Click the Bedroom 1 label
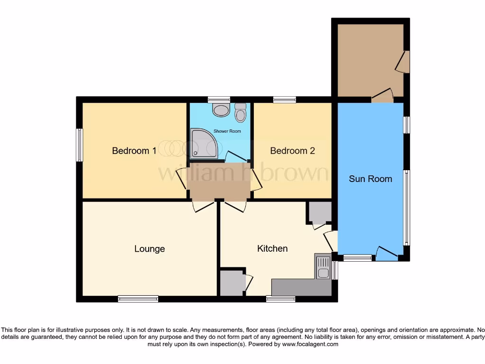(134, 151)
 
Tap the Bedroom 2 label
(292, 151)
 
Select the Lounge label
(150, 249)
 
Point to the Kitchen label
(272, 248)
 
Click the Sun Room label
(370, 179)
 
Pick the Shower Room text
(227, 131)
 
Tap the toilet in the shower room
(241, 113)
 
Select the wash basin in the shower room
(220, 111)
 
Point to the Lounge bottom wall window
(138, 299)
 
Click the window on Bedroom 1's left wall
(80, 145)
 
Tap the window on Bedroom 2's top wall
(284, 100)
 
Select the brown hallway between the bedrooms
(219, 181)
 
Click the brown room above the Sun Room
(369, 59)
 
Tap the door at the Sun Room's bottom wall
(386, 254)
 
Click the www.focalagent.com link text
(311, 345)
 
